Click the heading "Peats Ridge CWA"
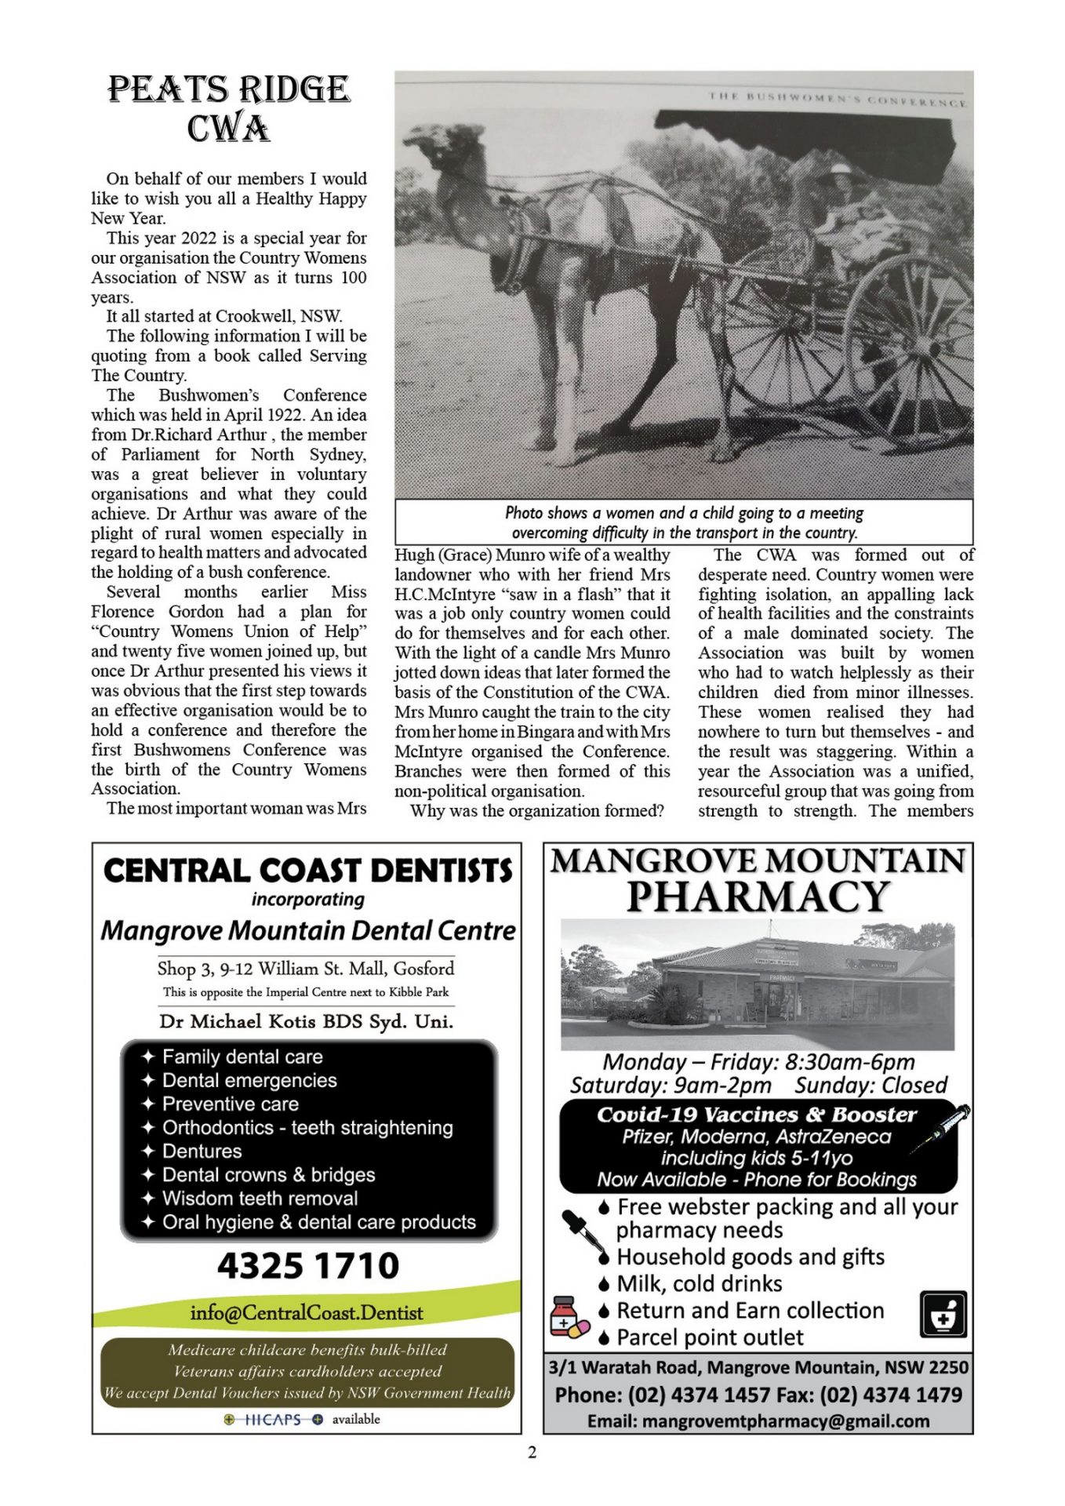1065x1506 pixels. (228, 108)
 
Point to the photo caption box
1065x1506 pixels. (683, 522)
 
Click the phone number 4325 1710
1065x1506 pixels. (307, 1265)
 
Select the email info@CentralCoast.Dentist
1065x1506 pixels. (307, 1312)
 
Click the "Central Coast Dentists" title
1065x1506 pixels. (307, 871)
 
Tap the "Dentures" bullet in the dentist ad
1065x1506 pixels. (202, 1151)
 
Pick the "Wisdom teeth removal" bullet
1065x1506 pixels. (260, 1198)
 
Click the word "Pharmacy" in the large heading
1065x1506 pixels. (758, 897)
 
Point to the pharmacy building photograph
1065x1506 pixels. (758, 985)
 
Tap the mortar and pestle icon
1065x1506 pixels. (943, 1315)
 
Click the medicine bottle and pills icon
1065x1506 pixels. (569, 1319)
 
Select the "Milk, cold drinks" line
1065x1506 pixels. (699, 1283)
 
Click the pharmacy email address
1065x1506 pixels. (758, 1421)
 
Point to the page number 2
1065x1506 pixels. (532, 1452)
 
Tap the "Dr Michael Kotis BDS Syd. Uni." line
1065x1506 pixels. (307, 1021)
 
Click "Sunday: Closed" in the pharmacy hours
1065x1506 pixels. (871, 1085)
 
